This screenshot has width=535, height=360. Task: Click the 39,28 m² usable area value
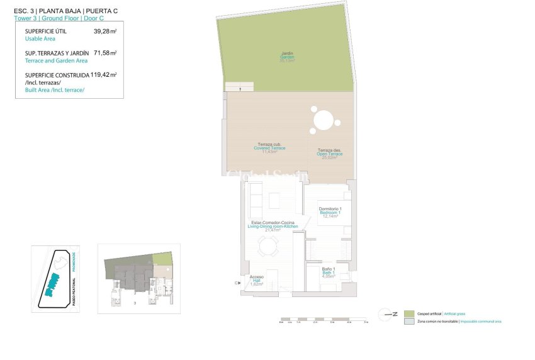pyautogui.click(x=104, y=31)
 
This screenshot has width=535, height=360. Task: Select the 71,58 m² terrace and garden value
pyautogui.click(x=104, y=53)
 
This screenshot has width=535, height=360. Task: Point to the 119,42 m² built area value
pyautogui.click(x=104, y=75)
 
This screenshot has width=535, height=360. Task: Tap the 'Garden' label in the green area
pyautogui.click(x=287, y=57)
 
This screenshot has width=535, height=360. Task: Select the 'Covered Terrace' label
pyautogui.click(x=269, y=148)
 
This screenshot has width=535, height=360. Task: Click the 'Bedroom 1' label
pyautogui.click(x=330, y=213)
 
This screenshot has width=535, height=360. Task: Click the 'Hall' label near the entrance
pyautogui.click(x=256, y=281)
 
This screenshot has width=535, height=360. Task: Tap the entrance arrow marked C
pyautogui.click(x=239, y=283)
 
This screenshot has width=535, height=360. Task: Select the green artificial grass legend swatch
pyautogui.click(x=409, y=313)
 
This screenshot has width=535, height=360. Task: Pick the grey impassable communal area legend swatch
pyautogui.click(x=409, y=322)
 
